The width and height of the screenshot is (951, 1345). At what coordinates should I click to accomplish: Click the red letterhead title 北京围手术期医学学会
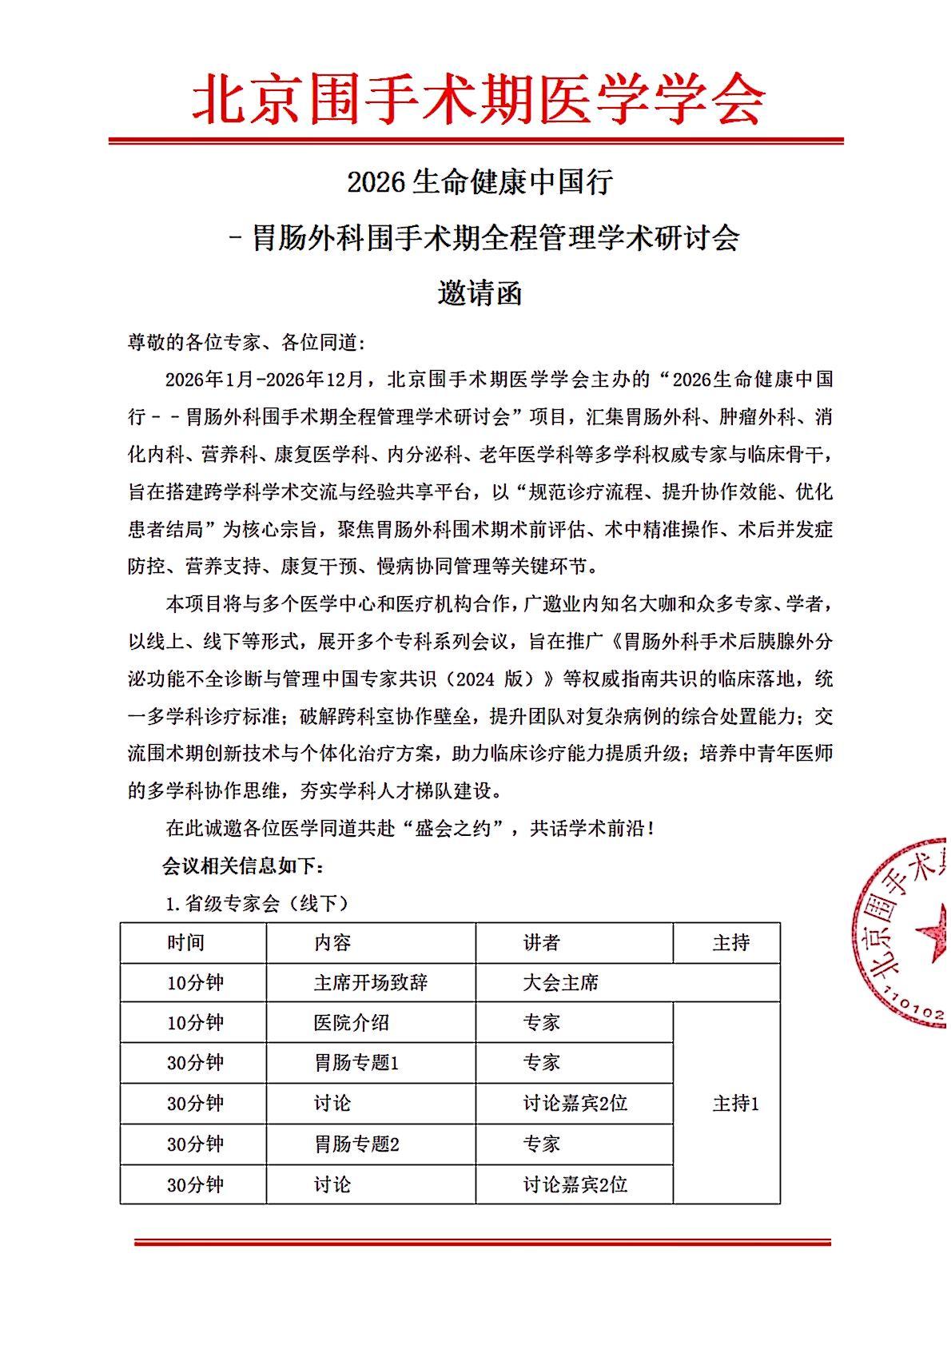[478, 100]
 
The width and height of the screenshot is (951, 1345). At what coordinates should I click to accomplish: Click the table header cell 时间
[185, 943]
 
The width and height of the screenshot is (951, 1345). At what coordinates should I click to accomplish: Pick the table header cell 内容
[332, 943]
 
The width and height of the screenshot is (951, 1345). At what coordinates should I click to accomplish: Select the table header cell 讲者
[541, 943]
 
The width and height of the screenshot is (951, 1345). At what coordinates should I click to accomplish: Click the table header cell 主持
[730, 943]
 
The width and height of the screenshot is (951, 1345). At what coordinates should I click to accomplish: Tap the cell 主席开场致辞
[370, 982]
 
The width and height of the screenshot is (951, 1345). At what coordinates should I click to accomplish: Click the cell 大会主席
[560, 982]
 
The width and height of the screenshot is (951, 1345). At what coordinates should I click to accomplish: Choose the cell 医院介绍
[351, 1022]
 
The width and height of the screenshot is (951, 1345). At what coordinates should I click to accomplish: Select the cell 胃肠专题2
[356, 1144]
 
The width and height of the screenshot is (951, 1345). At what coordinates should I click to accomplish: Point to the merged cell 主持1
[735, 1104]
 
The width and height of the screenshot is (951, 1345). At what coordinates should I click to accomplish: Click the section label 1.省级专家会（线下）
[257, 904]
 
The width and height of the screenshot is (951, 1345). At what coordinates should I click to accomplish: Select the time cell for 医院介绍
[195, 1022]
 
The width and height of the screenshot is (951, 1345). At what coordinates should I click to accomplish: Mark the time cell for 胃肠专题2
[195, 1144]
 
